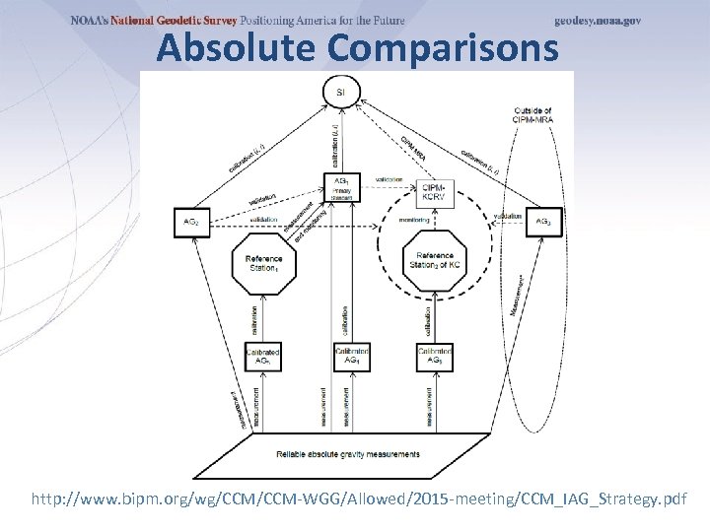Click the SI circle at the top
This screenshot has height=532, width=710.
pyautogui.click(x=341, y=93)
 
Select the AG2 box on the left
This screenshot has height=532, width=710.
pyautogui.click(x=190, y=223)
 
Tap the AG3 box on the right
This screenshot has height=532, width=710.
pyautogui.click(x=543, y=223)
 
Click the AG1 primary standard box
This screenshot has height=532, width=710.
pyautogui.click(x=341, y=187)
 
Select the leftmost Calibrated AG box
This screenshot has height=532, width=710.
pyautogui.click(x=263, y=357)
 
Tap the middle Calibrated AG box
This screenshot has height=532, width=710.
pyautogui.click(x=351, y=357)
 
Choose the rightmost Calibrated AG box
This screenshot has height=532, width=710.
pyautogui.click(x=434, y=357)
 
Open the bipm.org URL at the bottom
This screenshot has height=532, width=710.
pyautogui.click(x=359, y=499)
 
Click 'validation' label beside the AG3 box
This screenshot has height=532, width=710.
pyautogui.click(x=508, y=216)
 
